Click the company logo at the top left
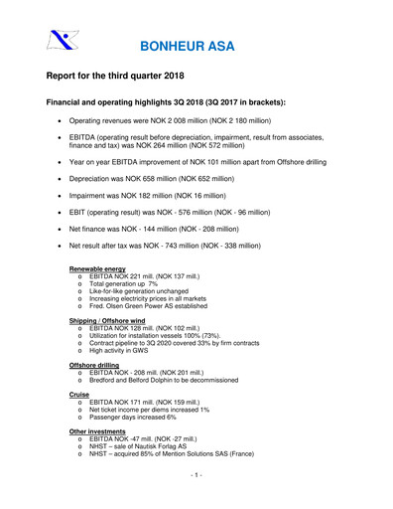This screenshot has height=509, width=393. (x=62, y=42)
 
